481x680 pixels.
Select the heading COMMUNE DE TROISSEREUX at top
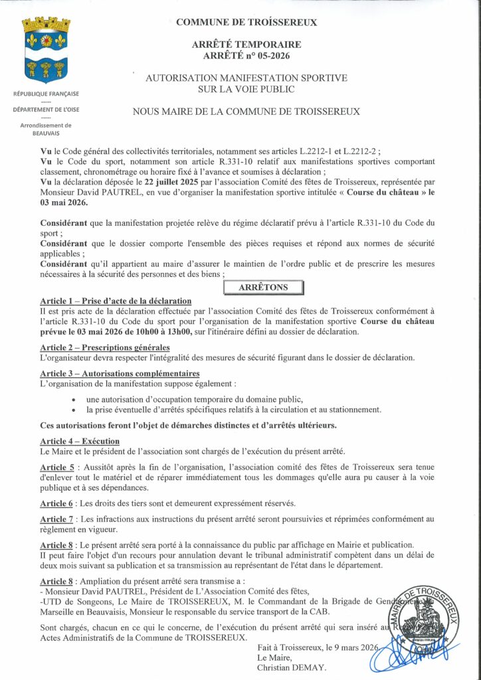point(246,23)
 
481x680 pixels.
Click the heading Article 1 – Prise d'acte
point(116,301)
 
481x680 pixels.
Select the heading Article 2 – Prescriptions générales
point(104,347)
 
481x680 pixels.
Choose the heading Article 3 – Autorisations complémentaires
point(120,373)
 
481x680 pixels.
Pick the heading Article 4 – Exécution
point(80,442)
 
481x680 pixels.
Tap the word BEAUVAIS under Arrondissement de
point(46,133)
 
